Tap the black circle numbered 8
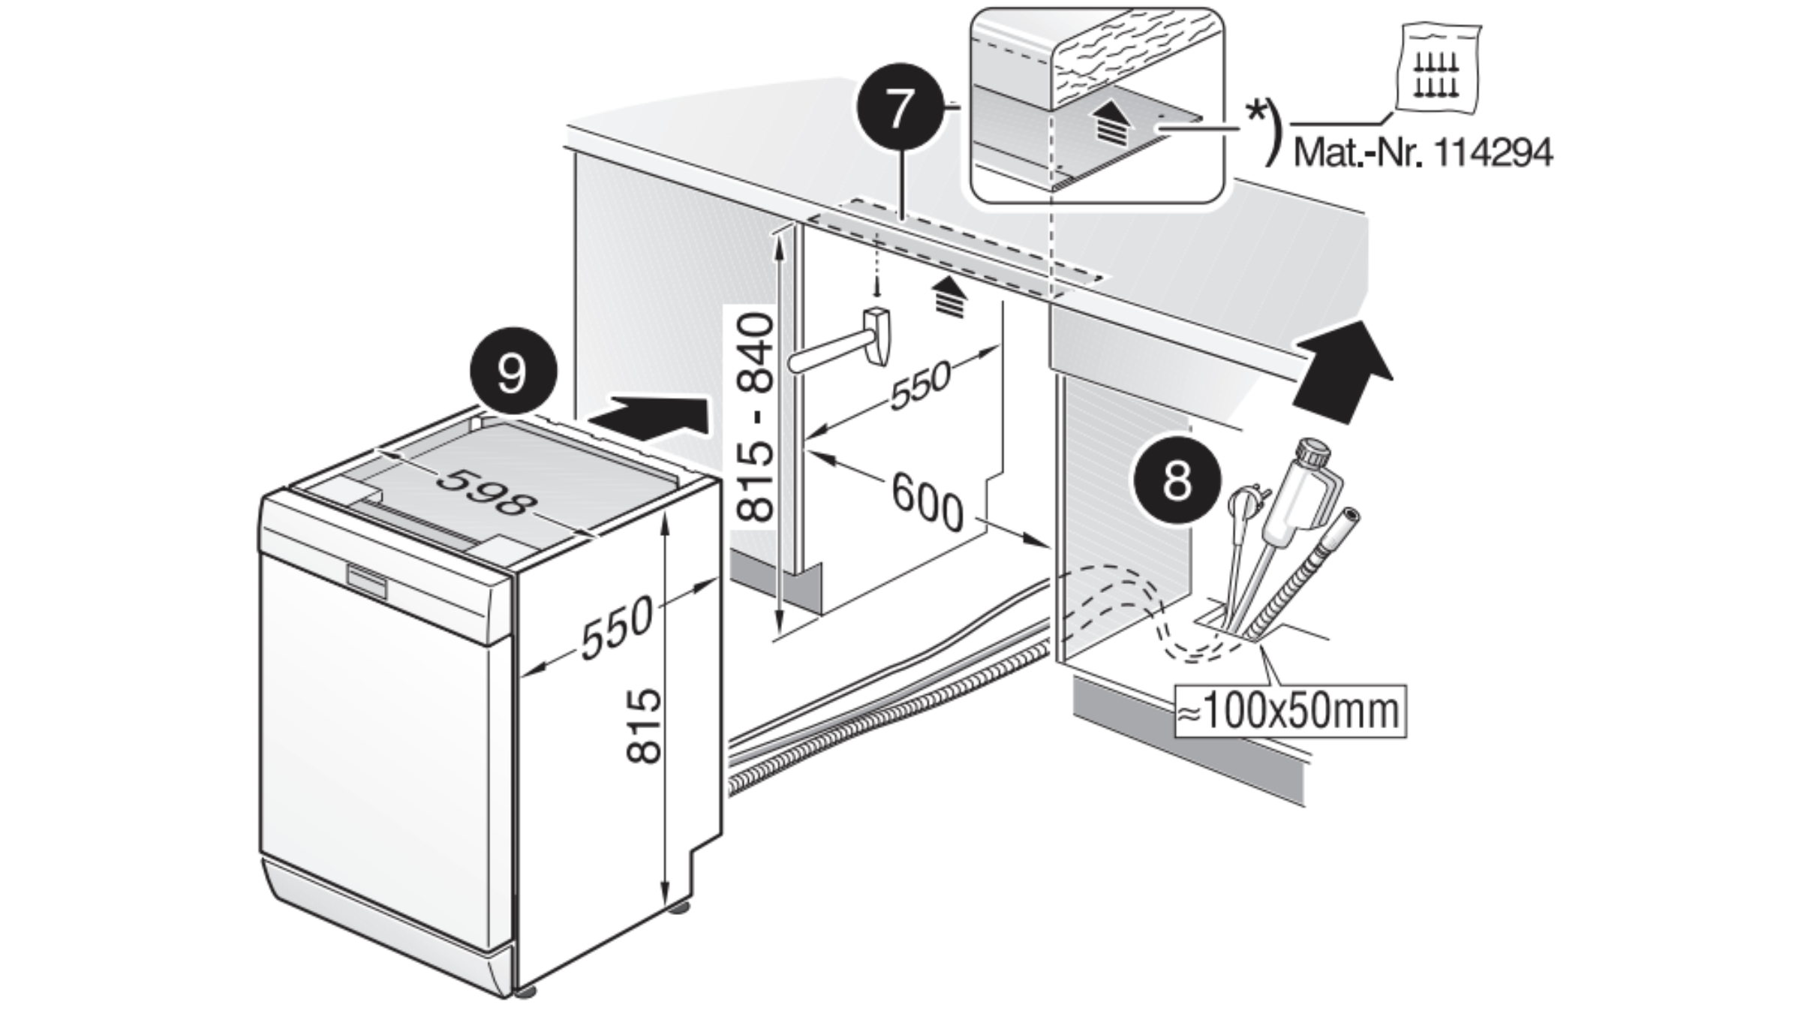click(1177, 480)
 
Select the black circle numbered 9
click(513, 371)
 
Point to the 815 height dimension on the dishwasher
click(644, 726)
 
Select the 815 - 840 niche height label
click(754, 418)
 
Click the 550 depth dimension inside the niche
click(920, 385)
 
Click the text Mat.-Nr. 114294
click(1423, 153)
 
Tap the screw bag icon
click(1436, 71)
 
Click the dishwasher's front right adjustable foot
click(525, 991)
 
